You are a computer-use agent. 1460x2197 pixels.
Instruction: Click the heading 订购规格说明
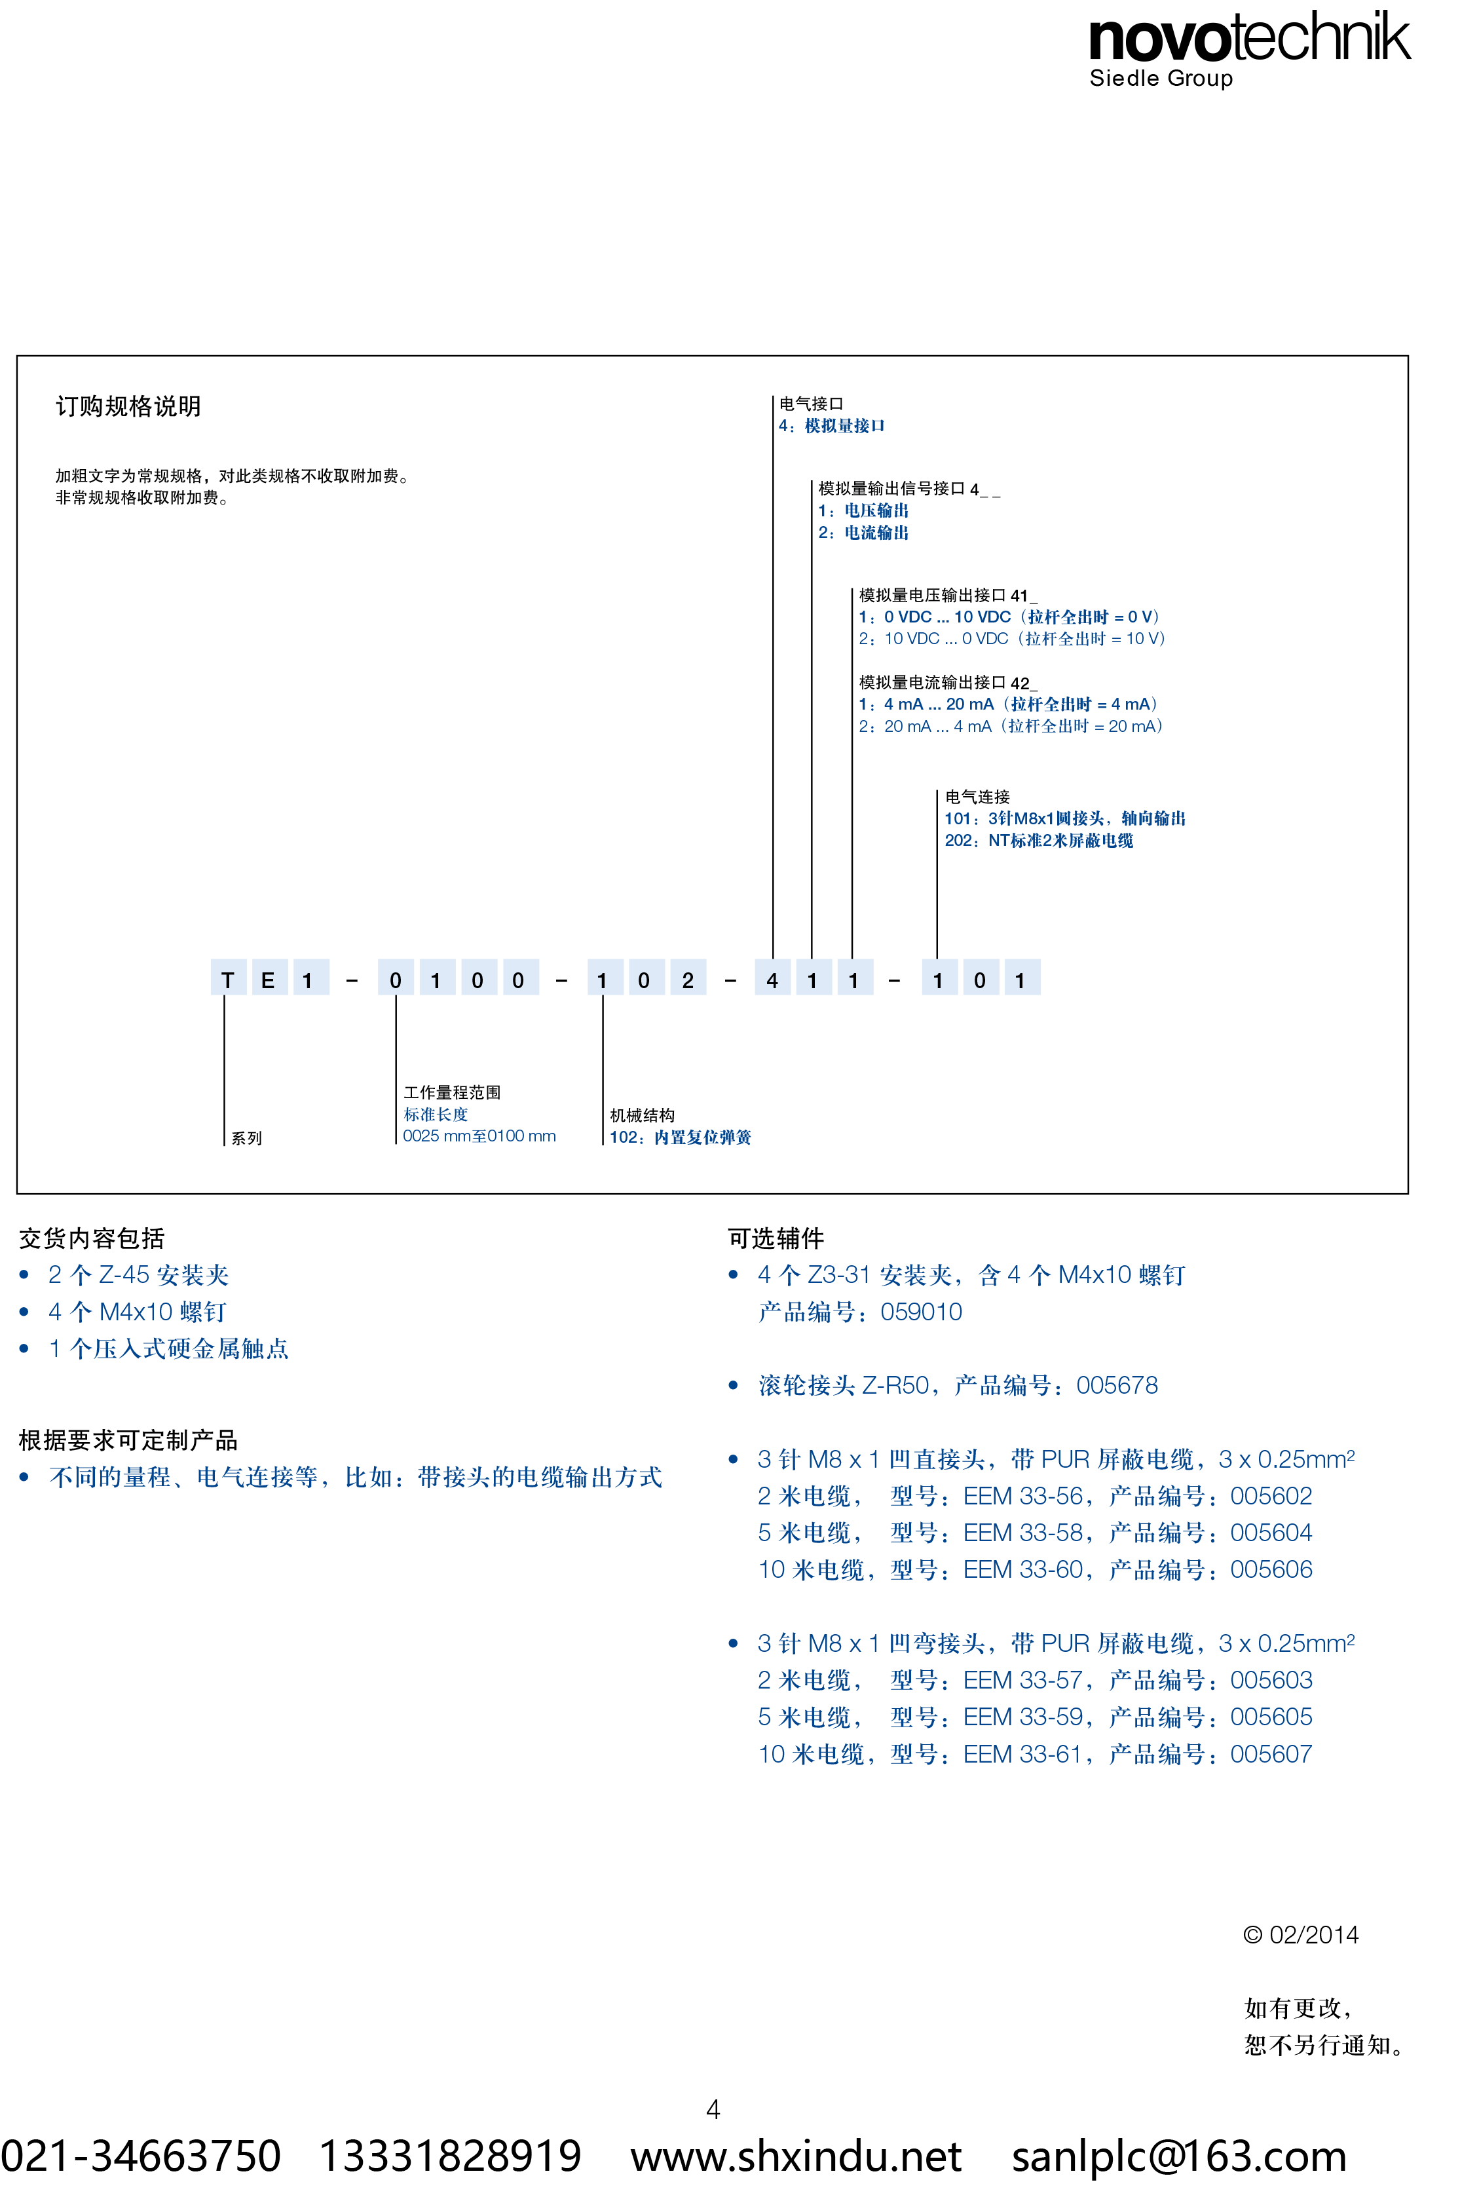point(128,406)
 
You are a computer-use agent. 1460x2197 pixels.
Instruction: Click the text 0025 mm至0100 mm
point(479,1136)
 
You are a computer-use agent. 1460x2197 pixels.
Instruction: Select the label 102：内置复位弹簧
point(680,1136)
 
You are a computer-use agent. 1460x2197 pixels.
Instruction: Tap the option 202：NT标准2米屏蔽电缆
point(1038,840)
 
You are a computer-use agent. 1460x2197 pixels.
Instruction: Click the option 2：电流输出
point(863,532)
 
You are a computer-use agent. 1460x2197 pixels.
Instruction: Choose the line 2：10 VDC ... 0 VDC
point(1012,638)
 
